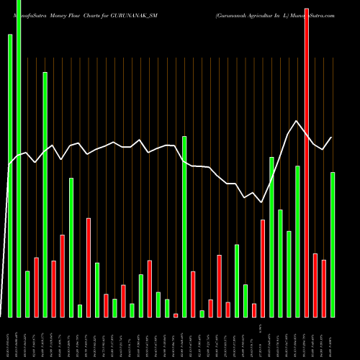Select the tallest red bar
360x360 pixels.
[307, 163]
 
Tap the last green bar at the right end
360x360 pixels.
[333, 245]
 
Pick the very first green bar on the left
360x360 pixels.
[10, 176]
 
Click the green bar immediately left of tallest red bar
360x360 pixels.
[298, 241]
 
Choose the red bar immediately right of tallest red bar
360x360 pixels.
[315, 285]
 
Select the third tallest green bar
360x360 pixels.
[45, 194]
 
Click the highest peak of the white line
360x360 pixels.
[296, 121]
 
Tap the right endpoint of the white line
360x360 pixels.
[332, 138]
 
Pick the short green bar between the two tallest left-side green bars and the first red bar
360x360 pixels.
[27, 294]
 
